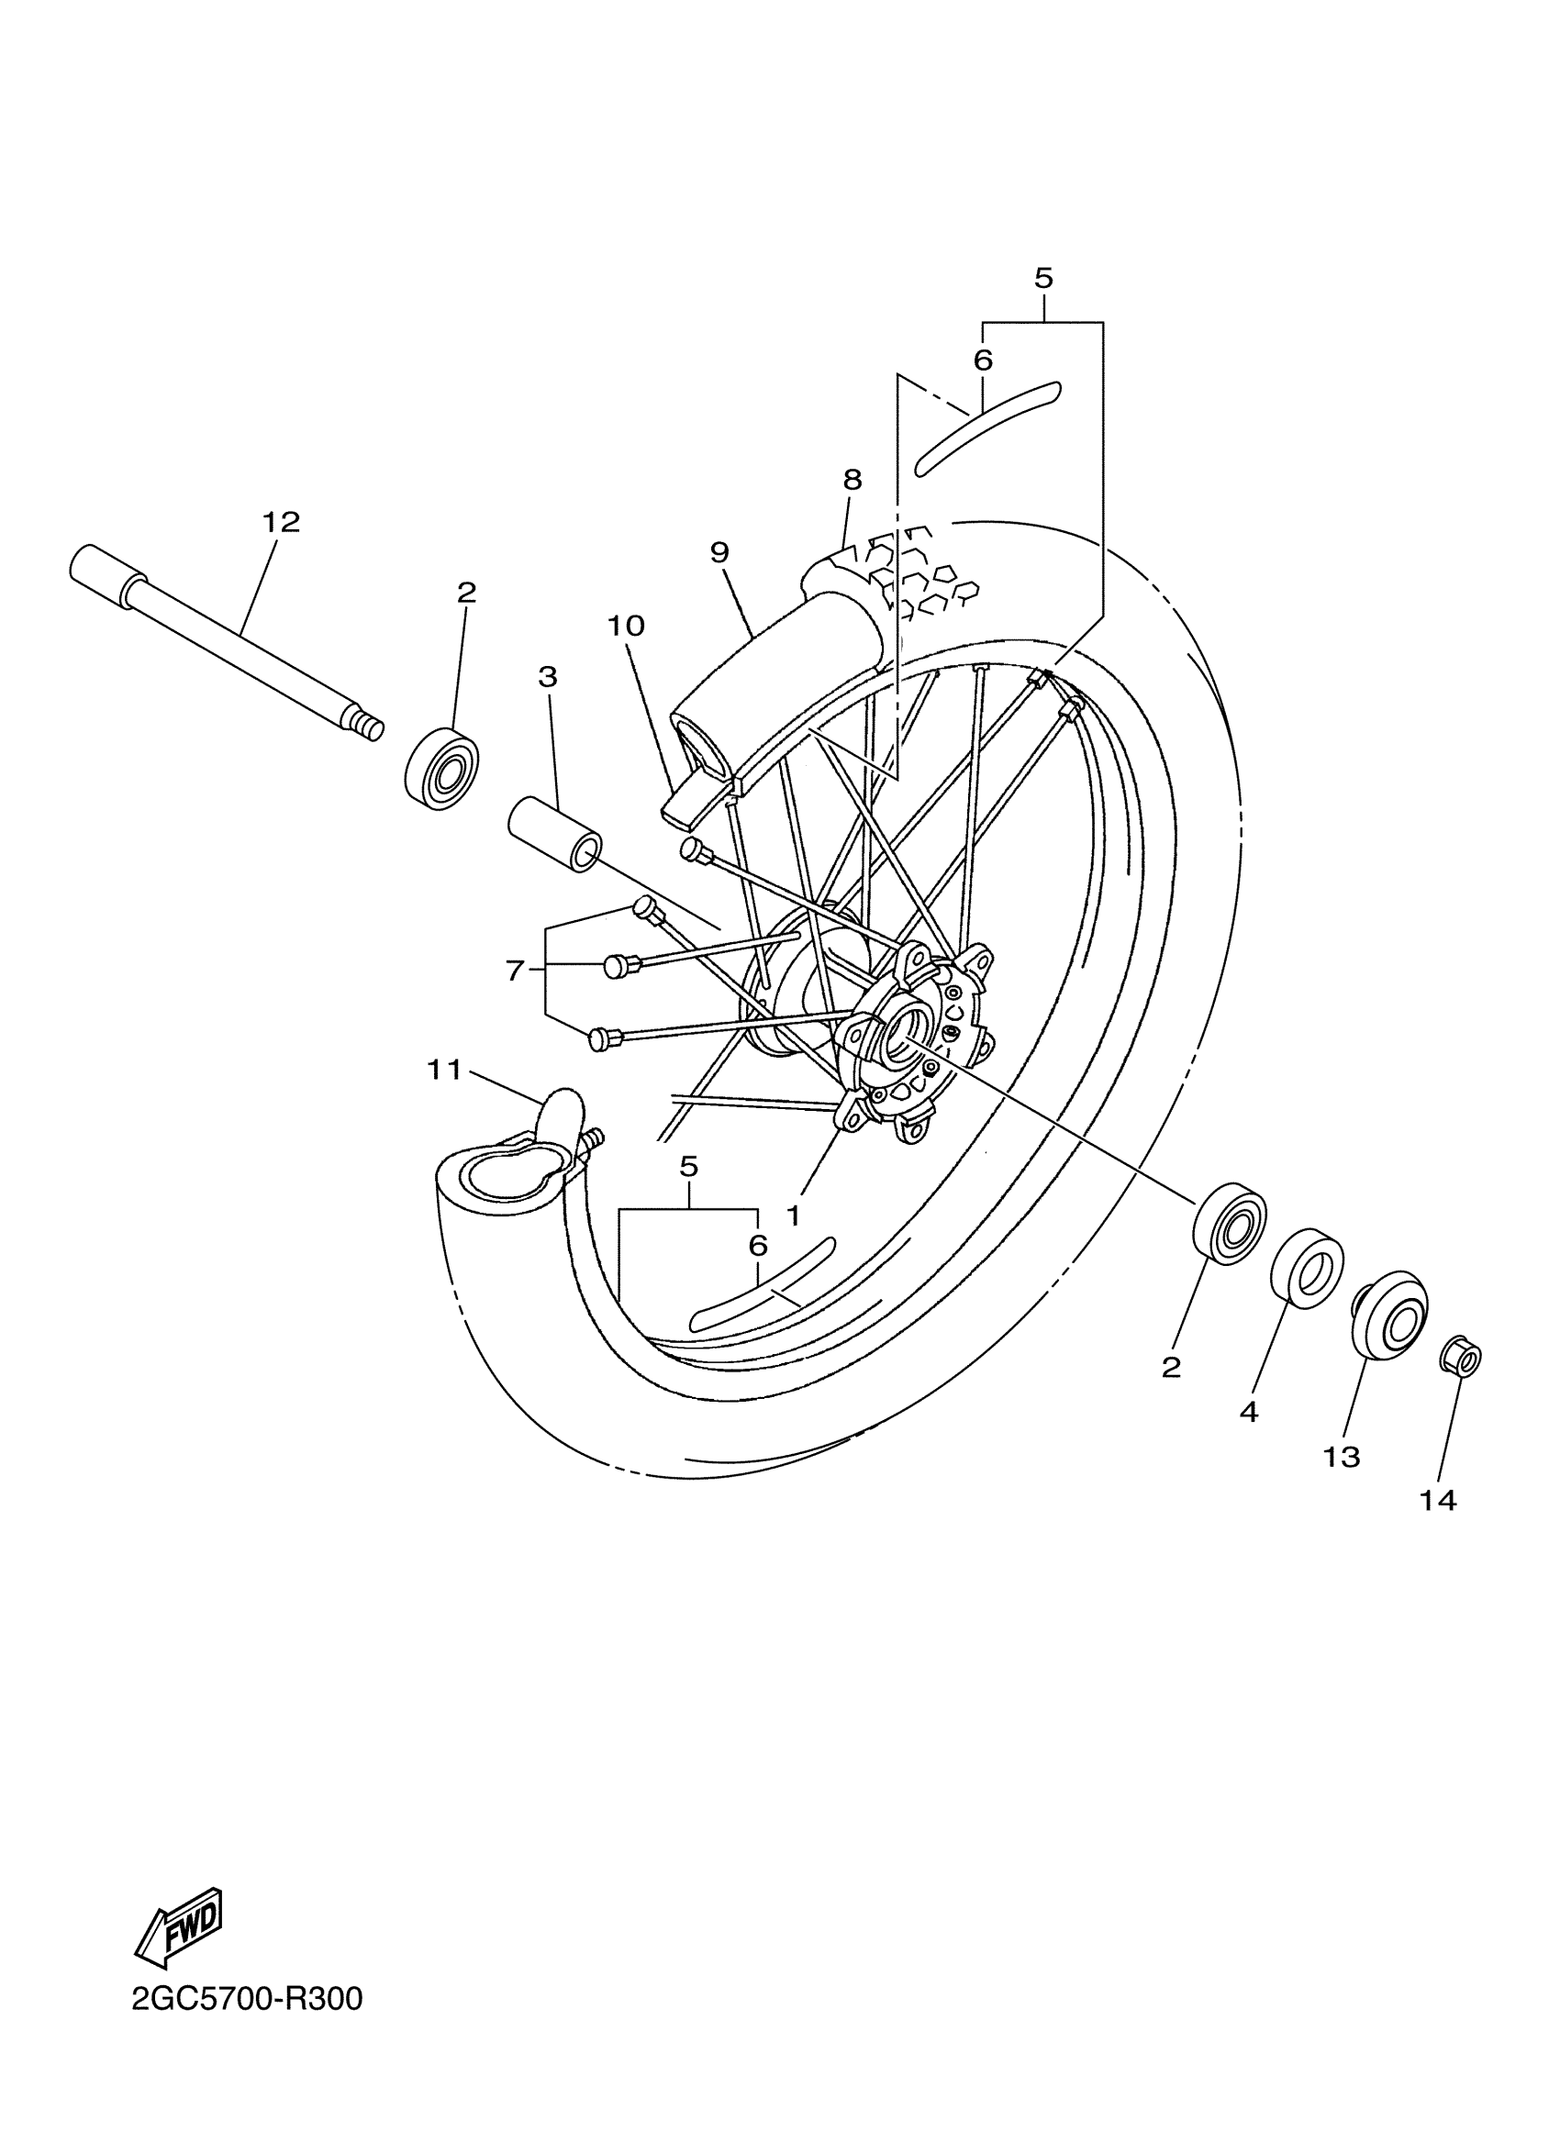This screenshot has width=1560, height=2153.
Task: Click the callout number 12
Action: click(280, 522)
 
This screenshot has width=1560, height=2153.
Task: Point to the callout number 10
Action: click(626, 626)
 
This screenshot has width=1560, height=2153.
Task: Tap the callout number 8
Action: click(852, 480)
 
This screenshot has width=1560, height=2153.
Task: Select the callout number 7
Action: click(515, 971)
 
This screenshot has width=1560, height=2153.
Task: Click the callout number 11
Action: click(443, 1070)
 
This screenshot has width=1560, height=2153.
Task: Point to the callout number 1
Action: click(793, 1215)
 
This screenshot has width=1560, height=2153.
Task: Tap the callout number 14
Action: click(1438, 1501)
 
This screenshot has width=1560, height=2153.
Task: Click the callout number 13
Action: click(1342, 1456)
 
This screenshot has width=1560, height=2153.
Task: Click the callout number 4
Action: click(1249, 1412)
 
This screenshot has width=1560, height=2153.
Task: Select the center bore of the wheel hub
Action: click(896, 1036)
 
